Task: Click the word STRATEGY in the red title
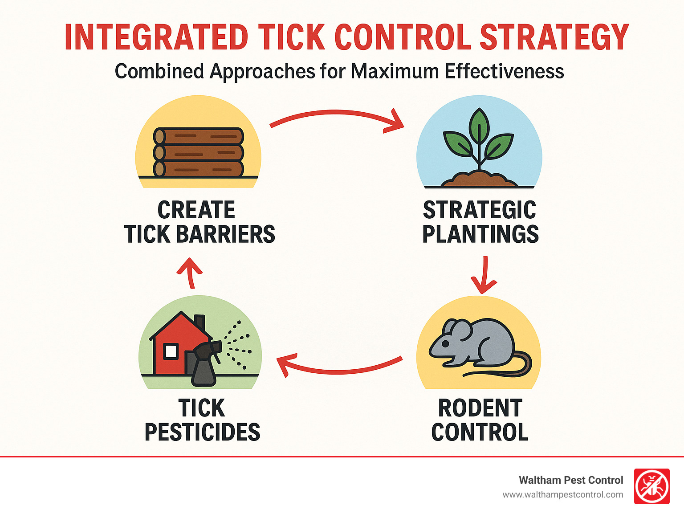[554, 37]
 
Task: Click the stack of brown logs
[199, 153]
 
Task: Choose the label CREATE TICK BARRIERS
[199, 222]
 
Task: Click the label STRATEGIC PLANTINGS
[480, 222]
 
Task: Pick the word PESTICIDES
[202, 432]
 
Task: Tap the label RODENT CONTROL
[480, 420]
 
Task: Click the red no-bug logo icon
[651, 486]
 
